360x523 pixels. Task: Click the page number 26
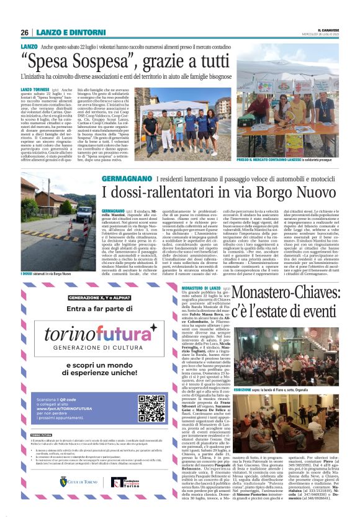click(x=25, y=33)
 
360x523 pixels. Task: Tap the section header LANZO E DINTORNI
click(x=61, y=33)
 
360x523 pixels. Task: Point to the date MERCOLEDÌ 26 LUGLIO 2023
click(x=326, y=34)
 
